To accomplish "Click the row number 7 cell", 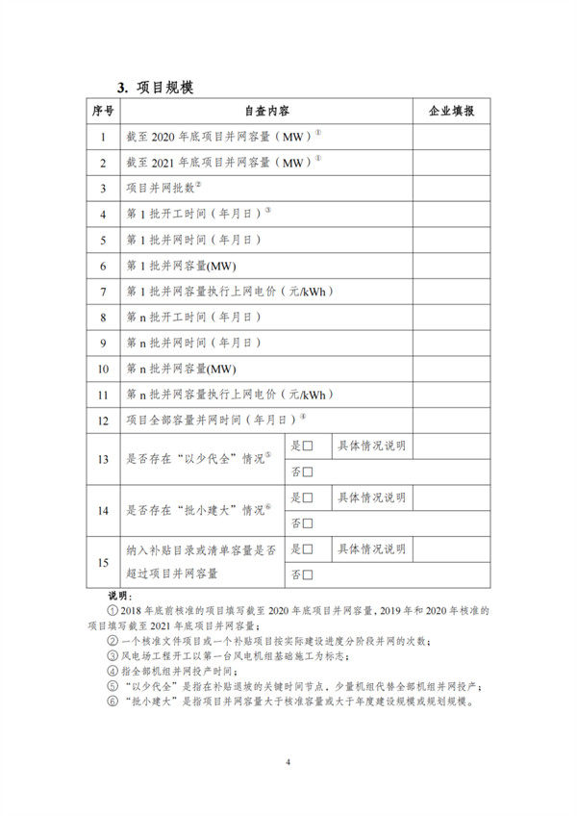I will (x=103, y=291).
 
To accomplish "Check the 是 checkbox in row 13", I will (x=309, y=446).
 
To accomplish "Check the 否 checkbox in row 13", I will (x=309, y=472).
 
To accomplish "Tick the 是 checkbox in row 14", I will (x=309, y=497).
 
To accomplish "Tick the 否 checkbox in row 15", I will (x=309, y=574).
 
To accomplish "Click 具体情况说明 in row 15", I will (x=371, y=548).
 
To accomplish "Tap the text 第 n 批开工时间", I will (x=192, y=317).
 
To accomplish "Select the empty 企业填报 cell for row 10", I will (x=450, y=368).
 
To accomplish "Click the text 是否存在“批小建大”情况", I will (x=197, y=510).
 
